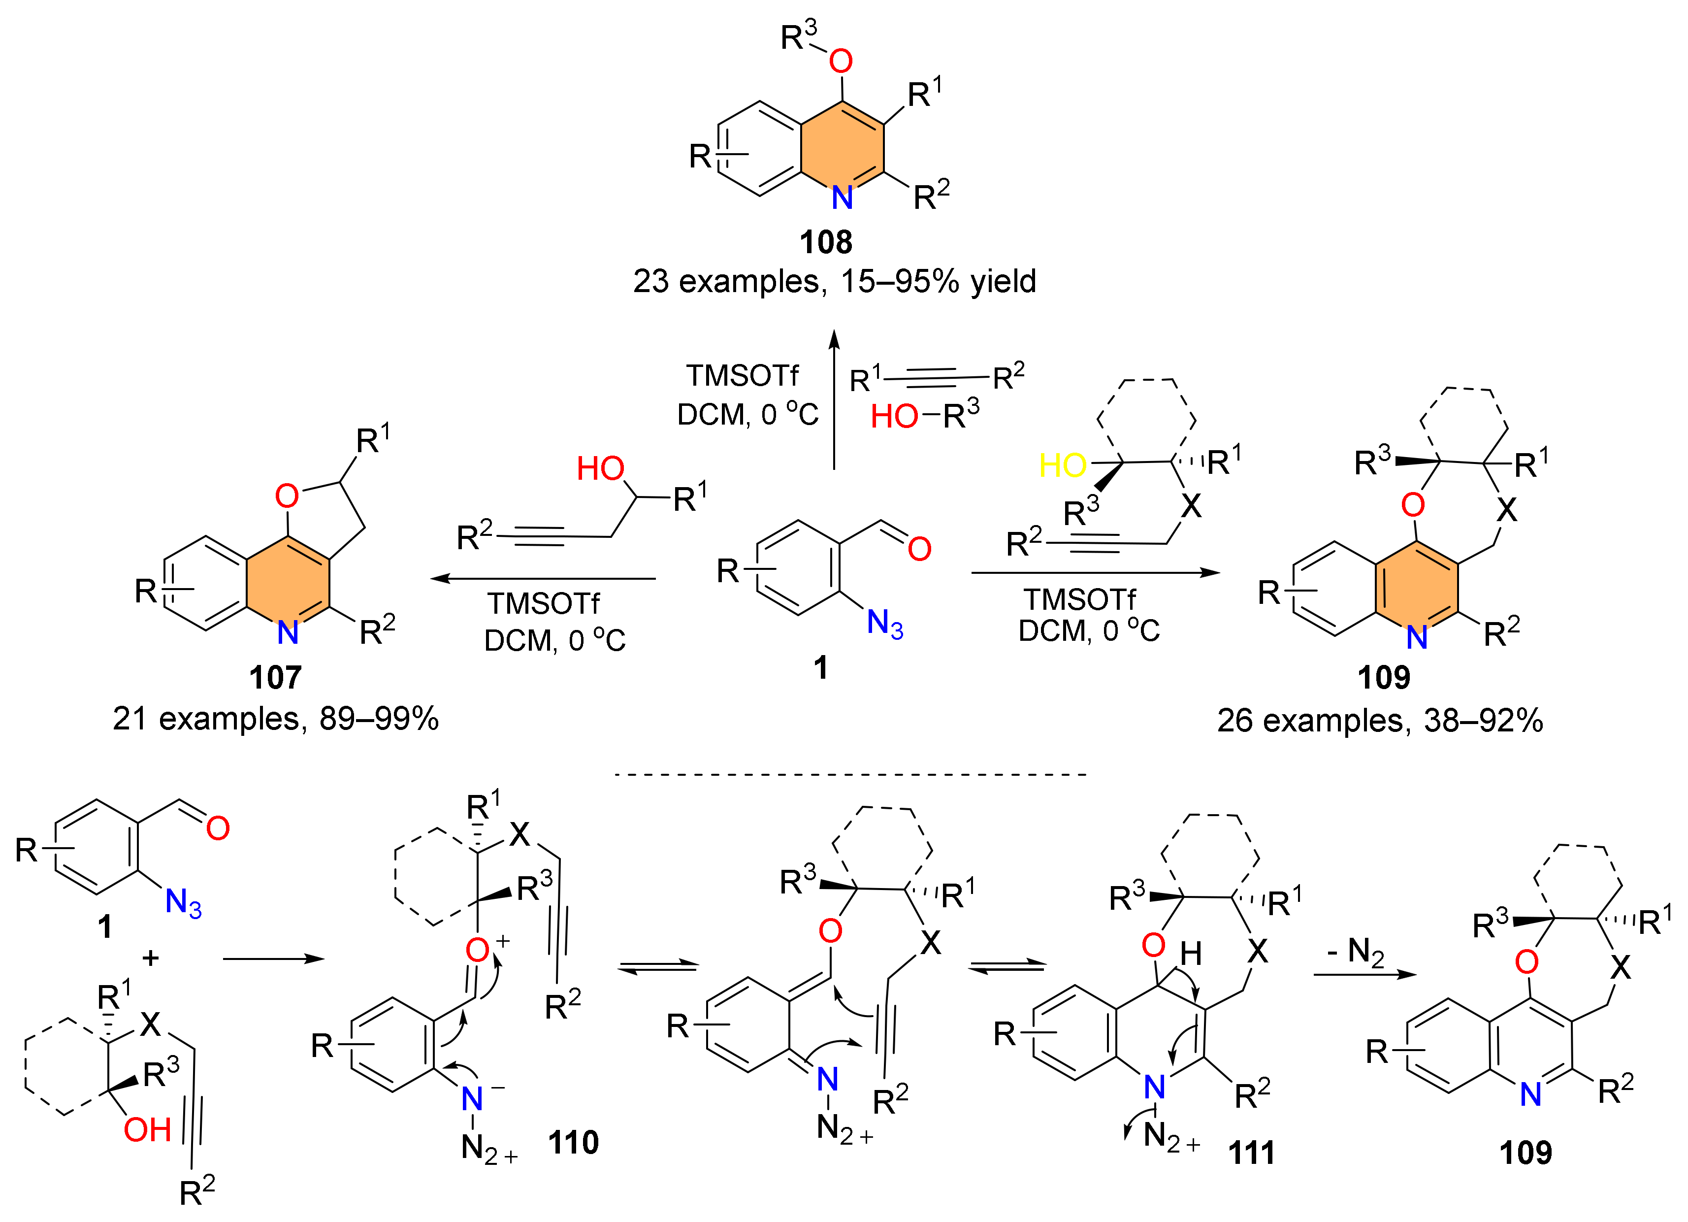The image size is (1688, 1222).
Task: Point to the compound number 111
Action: coord(1251,1152)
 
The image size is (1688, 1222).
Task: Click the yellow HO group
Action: coord(1062,465)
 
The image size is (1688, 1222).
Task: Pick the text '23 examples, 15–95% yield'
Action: coord(834,281)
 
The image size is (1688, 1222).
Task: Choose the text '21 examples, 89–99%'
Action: coord(275,719)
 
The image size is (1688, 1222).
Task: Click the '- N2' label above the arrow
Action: coord(1355,952)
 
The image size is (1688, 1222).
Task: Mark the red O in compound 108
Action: coord(841,61)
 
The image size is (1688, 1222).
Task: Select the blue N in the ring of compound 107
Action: coord(288,633)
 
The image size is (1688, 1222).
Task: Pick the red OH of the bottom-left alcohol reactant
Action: coord(147,1130)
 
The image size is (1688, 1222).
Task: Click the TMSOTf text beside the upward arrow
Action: coord(742,376)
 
